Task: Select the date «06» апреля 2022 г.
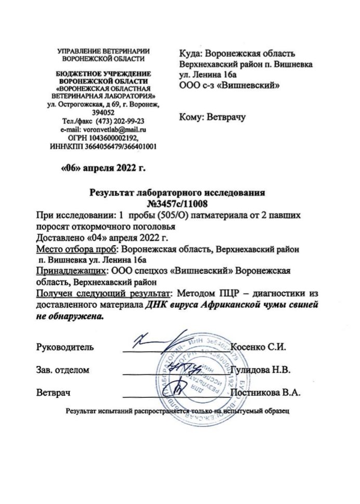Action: click(104, 168)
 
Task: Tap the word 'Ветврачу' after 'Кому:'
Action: click(225, 118)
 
